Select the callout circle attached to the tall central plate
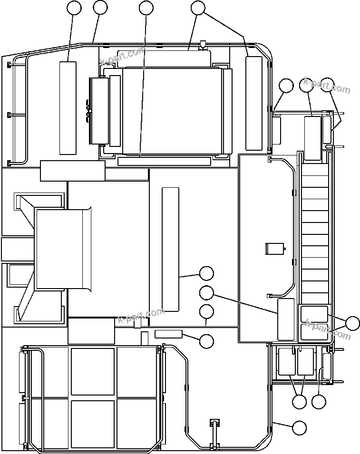coord(206,273)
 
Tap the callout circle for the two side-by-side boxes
coord(299,402)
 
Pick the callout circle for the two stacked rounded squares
coord(352,323)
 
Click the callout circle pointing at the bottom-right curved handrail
coord(299,428)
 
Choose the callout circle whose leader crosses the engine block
coord(146,8)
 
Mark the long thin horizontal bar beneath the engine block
coord(164,162)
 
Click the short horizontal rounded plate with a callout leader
coord(168,334)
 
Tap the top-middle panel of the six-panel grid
coord(93,371)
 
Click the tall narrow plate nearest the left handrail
coord(68,107)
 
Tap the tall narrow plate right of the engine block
coord(254,103)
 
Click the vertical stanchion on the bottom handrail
coord(214,433)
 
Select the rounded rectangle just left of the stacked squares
coord(286,319)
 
